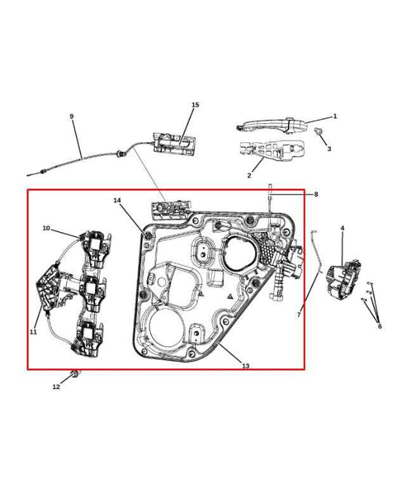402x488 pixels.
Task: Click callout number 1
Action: click(335, 116)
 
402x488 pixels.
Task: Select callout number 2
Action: click(250, 175)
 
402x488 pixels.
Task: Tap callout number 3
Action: click(329, 149)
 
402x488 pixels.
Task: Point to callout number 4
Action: click(342, 227)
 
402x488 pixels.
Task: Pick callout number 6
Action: click(379, 326)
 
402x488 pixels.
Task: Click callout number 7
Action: click(299, 314)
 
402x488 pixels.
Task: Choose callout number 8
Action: click(316, 194)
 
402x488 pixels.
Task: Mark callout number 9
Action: click(72, 116)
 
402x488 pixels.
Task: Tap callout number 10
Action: click(46, 227)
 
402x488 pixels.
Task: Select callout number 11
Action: click(33, 332)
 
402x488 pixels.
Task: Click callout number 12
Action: click(56, 387)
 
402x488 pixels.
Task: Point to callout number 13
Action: click(246, 366)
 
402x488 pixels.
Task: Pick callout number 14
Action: click(117, 200)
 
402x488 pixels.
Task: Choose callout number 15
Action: click(195, 104)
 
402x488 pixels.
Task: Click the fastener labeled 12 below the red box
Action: click(75, 373)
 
